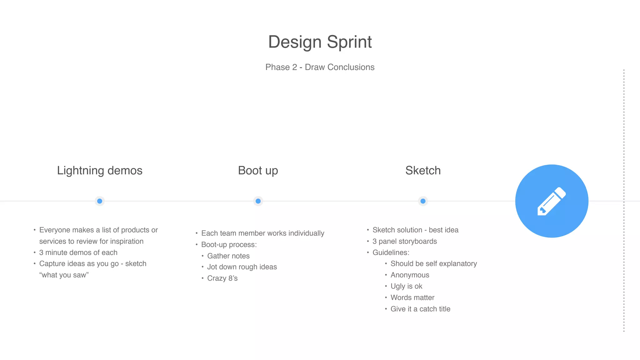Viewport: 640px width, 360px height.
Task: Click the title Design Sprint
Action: (x=320, y=42)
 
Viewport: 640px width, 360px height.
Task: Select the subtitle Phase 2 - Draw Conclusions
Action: (x=320, y=67)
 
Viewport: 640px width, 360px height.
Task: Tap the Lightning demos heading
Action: (x=99, y=171)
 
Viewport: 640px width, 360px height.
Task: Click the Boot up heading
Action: (x=258, y=171)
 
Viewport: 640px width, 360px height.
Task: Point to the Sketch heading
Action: (x=423, y=171)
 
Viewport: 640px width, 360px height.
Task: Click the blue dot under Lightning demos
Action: (x=100, y=201)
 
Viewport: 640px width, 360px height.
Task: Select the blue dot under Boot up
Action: (x=258, y=201)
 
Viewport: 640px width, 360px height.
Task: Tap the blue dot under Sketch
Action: (x=423, y=201)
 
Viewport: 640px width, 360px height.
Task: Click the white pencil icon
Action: (x=552, y=201)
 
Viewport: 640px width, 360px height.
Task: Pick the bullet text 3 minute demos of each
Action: (x=78, y=252)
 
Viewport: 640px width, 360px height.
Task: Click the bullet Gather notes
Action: (x=228, y=256)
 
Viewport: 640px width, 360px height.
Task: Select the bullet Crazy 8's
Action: (x=222, y=278)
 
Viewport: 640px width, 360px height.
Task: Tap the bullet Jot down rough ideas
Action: (x=242, y=267)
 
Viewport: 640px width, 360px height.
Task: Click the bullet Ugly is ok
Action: (x=406, y=286)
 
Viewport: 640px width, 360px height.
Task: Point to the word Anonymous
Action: (x=410, y=275)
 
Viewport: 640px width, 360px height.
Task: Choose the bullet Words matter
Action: (x=412, y=297)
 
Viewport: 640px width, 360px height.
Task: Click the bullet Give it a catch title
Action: (x=420, y=309)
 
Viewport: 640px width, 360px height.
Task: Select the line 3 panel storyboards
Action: (x=404, y=241)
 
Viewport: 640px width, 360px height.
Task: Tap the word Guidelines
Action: (x=391, y=252)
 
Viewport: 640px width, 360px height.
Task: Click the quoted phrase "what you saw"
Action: (x=64, y=275)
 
